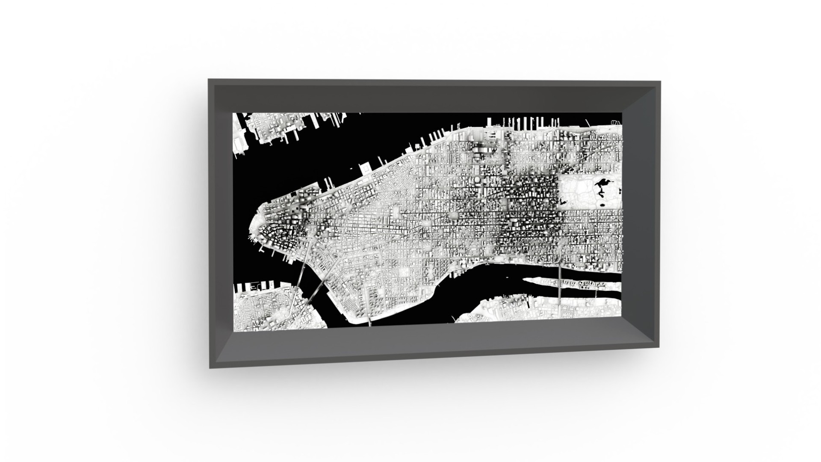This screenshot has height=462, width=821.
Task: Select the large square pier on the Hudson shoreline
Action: [367, 169]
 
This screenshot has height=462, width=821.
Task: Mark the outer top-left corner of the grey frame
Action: [209, 79]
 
